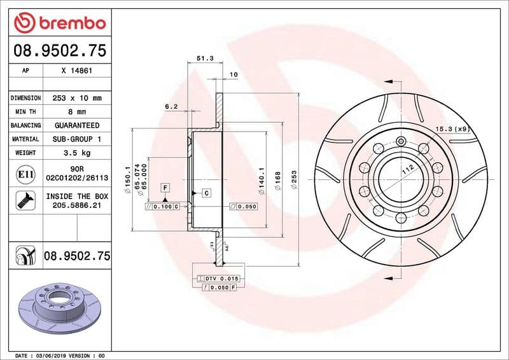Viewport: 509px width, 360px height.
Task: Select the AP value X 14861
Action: tap(77, 71)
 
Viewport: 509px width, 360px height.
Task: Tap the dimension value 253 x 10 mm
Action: tap(77, 98)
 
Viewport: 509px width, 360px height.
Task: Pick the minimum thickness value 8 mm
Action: tap(77, 112)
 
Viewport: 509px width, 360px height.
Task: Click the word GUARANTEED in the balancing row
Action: tap(77, 125)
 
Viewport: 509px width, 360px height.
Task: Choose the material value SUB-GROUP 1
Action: tap(77, 139)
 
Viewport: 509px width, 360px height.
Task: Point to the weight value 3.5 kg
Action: tap(77, 153)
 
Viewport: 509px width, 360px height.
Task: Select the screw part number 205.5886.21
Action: tap(77, 206)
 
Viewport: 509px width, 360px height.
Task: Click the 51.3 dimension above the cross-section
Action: tap(204, 58)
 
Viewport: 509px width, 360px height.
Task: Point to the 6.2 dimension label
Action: tap(171, 107)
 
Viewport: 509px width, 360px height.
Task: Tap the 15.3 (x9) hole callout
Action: tap(451, 129)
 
